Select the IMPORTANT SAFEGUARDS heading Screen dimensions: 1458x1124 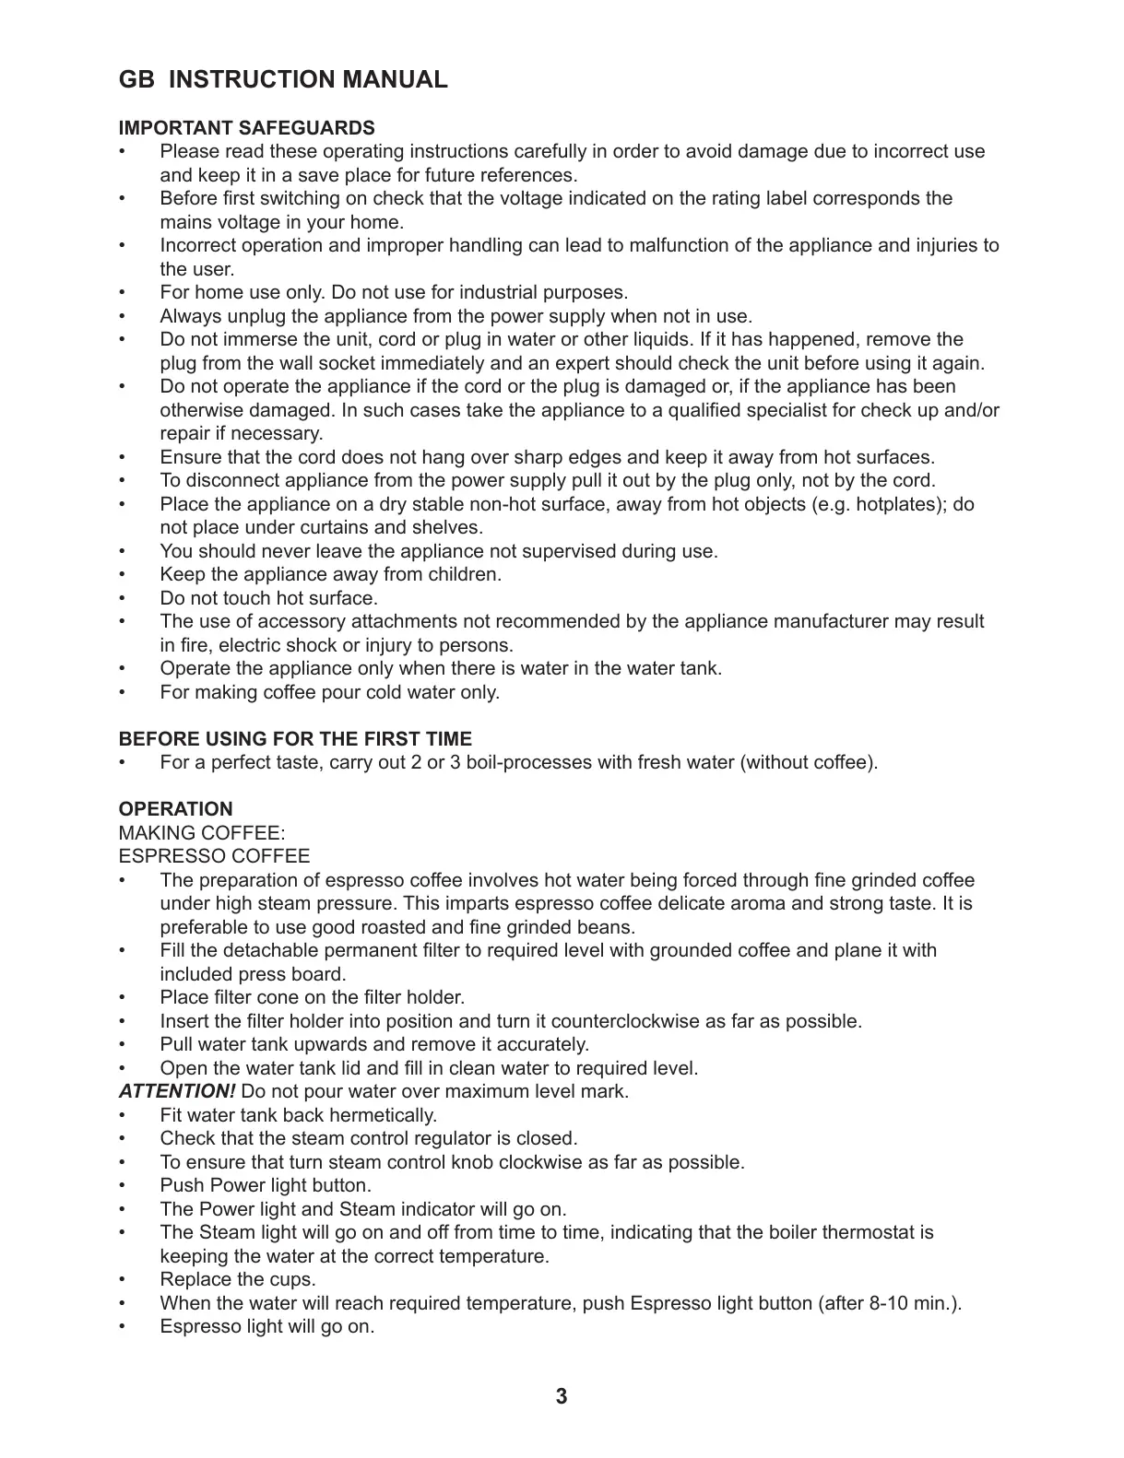247,128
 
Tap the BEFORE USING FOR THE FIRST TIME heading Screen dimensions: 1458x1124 295,739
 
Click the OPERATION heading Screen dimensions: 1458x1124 176,809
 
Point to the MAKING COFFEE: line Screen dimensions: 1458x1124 195,833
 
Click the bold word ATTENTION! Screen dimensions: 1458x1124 177,1092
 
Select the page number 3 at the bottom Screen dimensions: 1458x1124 562,1397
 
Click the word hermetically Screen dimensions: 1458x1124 383,1116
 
